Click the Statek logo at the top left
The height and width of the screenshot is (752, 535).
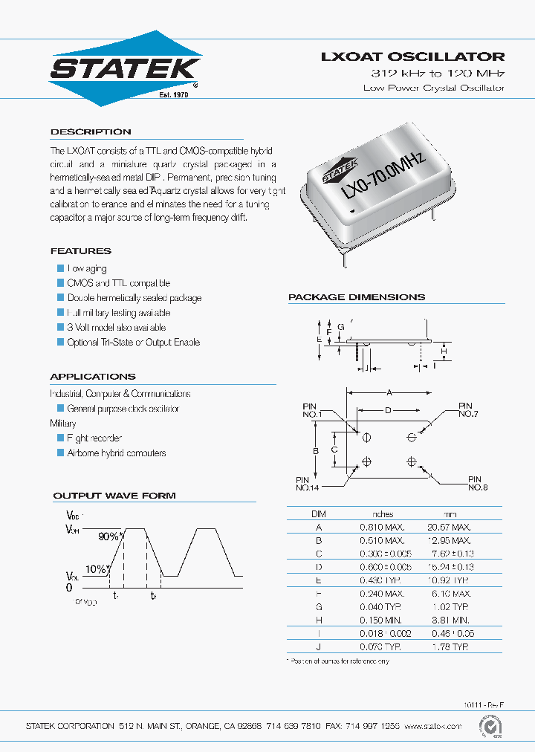(125, 68)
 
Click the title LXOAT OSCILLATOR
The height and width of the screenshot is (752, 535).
(412, 56)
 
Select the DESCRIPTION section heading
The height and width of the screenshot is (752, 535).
(91, 132)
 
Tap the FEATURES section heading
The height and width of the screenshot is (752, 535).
(80, 251)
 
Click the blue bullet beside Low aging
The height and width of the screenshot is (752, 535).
(61, 268)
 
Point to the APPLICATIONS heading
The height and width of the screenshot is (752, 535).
(93, 377)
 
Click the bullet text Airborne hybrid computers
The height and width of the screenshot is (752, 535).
(117, 453)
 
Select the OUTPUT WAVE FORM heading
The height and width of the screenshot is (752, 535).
(114, 496)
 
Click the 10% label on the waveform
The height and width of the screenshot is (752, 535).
(95, 569)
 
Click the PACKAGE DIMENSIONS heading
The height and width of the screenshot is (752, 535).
(357, 297)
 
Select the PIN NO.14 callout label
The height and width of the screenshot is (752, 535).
(308, 484)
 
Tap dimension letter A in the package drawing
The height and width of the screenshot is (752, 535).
(388, 392)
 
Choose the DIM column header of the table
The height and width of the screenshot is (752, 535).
(318, 513)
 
